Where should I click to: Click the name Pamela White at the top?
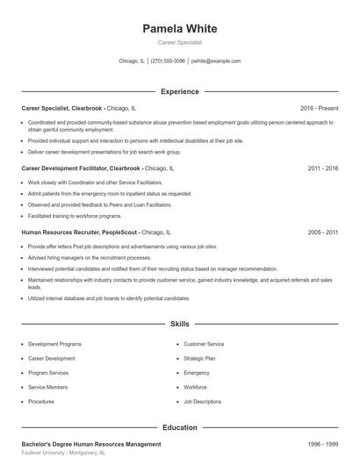coord(179,29)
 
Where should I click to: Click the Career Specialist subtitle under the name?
coord(179,42)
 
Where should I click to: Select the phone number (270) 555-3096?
coord(168,61)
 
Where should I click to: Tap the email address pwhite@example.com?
coord(216,61)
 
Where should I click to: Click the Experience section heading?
coord(179,91)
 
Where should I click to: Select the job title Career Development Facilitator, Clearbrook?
coord(81,167)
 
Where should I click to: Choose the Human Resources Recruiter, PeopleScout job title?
coord(80,232)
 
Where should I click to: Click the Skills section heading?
coord(179,324)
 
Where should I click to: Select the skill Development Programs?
coord(54,344)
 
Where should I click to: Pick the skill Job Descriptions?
coord(203,401)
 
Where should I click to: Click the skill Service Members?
coord(48,387)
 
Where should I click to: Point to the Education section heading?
coord(179,427)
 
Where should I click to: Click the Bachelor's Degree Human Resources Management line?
coord(91,445)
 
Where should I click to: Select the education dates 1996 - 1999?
coord(323,445)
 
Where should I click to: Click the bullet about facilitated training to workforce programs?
coord(75,216)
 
